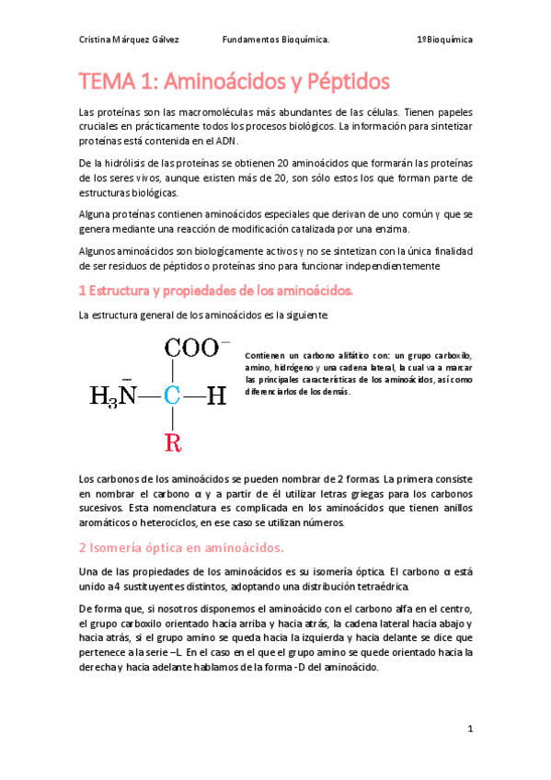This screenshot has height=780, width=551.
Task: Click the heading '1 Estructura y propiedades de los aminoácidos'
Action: coord(216,292)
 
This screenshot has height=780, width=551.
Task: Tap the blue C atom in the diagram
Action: coord(172,396)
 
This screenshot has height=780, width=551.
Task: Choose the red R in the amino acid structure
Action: coord(172,443)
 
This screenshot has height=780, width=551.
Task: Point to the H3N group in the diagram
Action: coord(113,396)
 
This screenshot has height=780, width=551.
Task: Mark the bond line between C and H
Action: coord(193,396)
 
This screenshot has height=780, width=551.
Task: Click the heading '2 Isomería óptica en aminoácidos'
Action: coord(180,548)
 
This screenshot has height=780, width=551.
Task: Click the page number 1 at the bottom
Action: coord(469,729)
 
